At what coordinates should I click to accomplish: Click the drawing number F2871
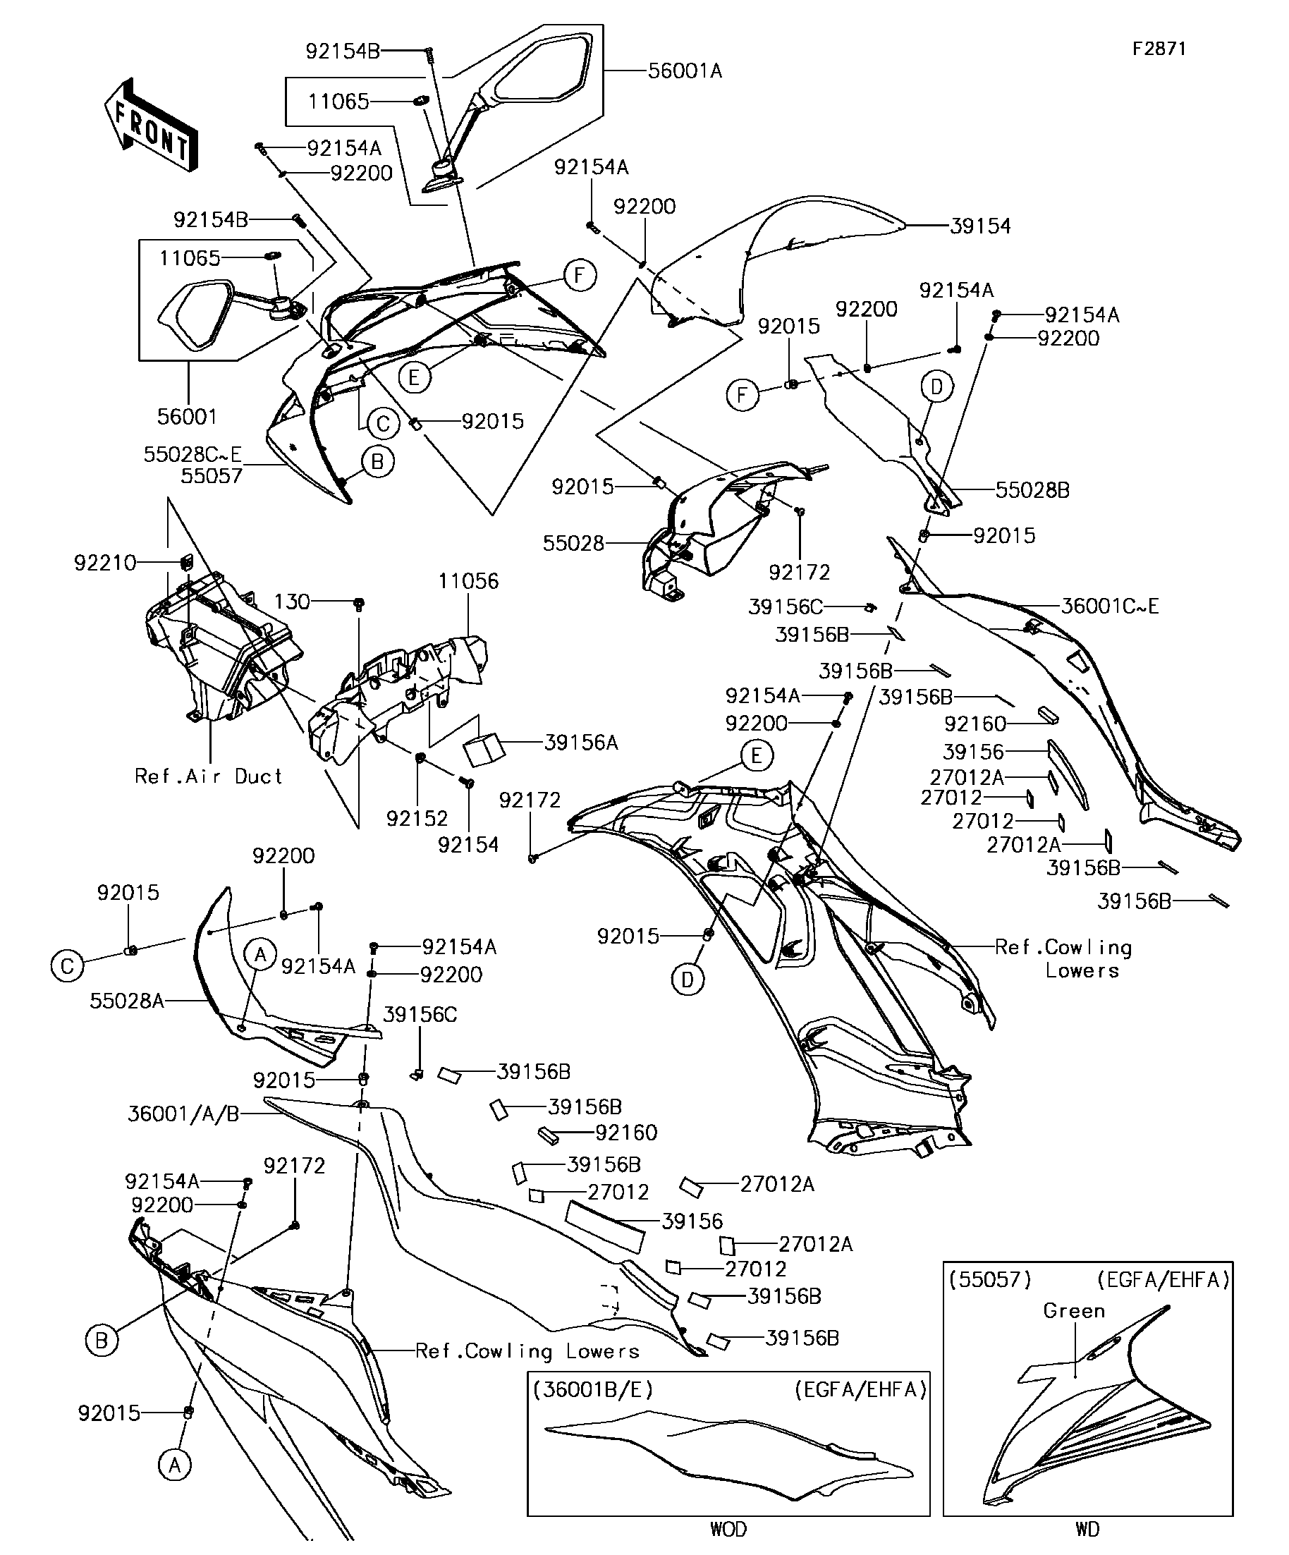[1159, 49]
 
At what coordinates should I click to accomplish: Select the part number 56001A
[684, 71]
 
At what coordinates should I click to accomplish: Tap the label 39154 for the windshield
[979, 226]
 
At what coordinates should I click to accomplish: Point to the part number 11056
[468, 581]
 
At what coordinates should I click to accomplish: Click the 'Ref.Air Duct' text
[209, 776]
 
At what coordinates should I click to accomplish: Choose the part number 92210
[105, 563]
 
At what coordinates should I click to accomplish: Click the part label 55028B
[1032, 490]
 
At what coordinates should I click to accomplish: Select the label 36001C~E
[1109, 606]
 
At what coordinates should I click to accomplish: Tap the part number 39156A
[580, 743]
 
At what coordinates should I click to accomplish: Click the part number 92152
[417, 818]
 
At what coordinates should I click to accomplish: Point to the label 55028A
[127, 1001]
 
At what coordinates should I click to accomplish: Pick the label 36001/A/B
[183, 1114]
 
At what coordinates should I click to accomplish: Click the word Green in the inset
[1073, 1310]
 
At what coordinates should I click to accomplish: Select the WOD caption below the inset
[728, 1528]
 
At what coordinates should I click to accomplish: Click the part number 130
[292, 602]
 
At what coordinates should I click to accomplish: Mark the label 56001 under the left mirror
[187, 417]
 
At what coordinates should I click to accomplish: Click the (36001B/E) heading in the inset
[592, 1390]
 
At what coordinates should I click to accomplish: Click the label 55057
[212, 475]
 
